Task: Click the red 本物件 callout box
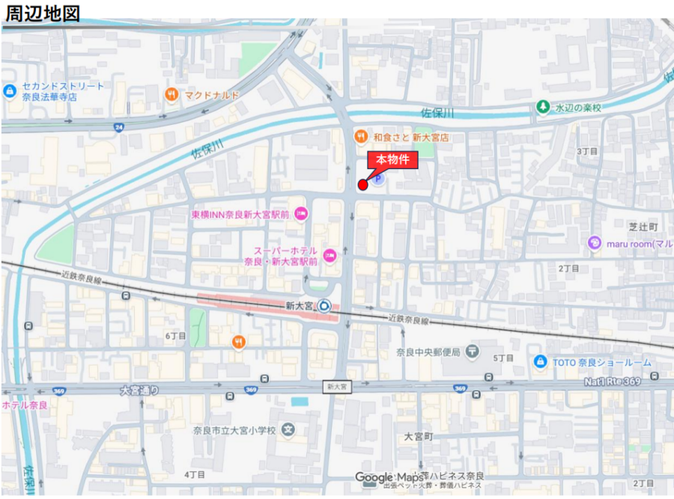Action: click(391, 159)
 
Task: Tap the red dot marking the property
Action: click(363, 185)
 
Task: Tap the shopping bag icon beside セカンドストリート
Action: click(9, 91)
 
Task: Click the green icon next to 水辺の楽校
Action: click(542, 107)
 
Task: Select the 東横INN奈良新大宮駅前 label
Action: click(239, 213)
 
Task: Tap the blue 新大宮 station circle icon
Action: click(324, 305)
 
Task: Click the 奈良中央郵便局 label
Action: click(428, 352)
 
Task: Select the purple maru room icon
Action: click(595, 242)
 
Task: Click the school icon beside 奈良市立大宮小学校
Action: click(289, 430)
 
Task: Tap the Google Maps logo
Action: click(389, 478)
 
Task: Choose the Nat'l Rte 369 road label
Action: click(612, 382)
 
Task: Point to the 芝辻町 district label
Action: click(643, 226)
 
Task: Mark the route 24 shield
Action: click(119, 127)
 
